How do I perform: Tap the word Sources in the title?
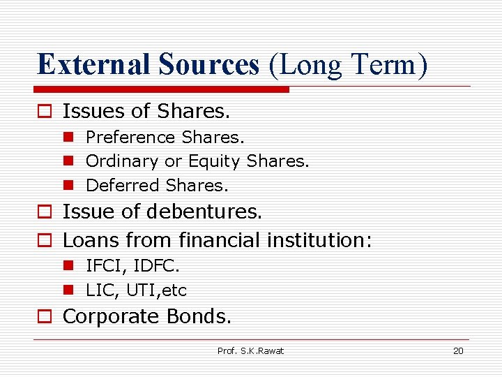click(x=208, y=65)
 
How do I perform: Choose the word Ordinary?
click(x=122, y=161)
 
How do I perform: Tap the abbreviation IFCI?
click(x=103, y=266)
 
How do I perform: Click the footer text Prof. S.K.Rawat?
click(x=251, y=350)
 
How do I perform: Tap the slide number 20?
click(x=458, y=350)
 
